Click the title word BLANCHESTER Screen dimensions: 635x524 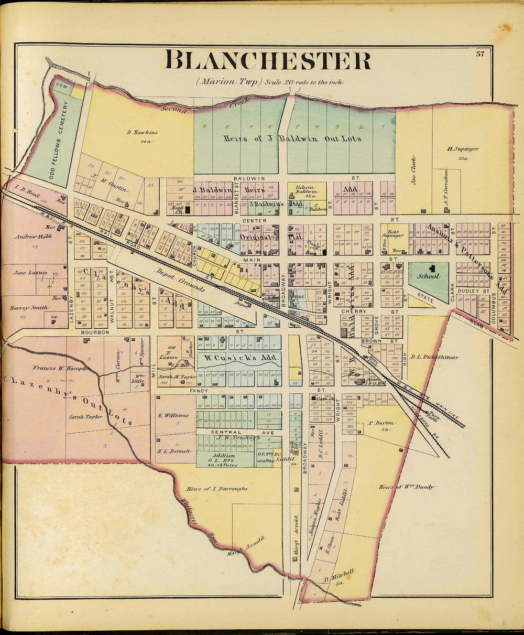tap(268, 60)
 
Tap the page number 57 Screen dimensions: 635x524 tap(480, 53)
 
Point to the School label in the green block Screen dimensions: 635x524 tap(428, 276)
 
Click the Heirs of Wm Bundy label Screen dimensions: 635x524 tap(406, 487)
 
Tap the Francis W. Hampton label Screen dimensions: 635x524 tap(59, 368)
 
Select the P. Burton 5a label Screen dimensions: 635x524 tap(382, 425)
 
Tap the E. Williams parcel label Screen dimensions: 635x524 tap(173, 415)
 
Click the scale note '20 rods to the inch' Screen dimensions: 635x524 tap(304, 82)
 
